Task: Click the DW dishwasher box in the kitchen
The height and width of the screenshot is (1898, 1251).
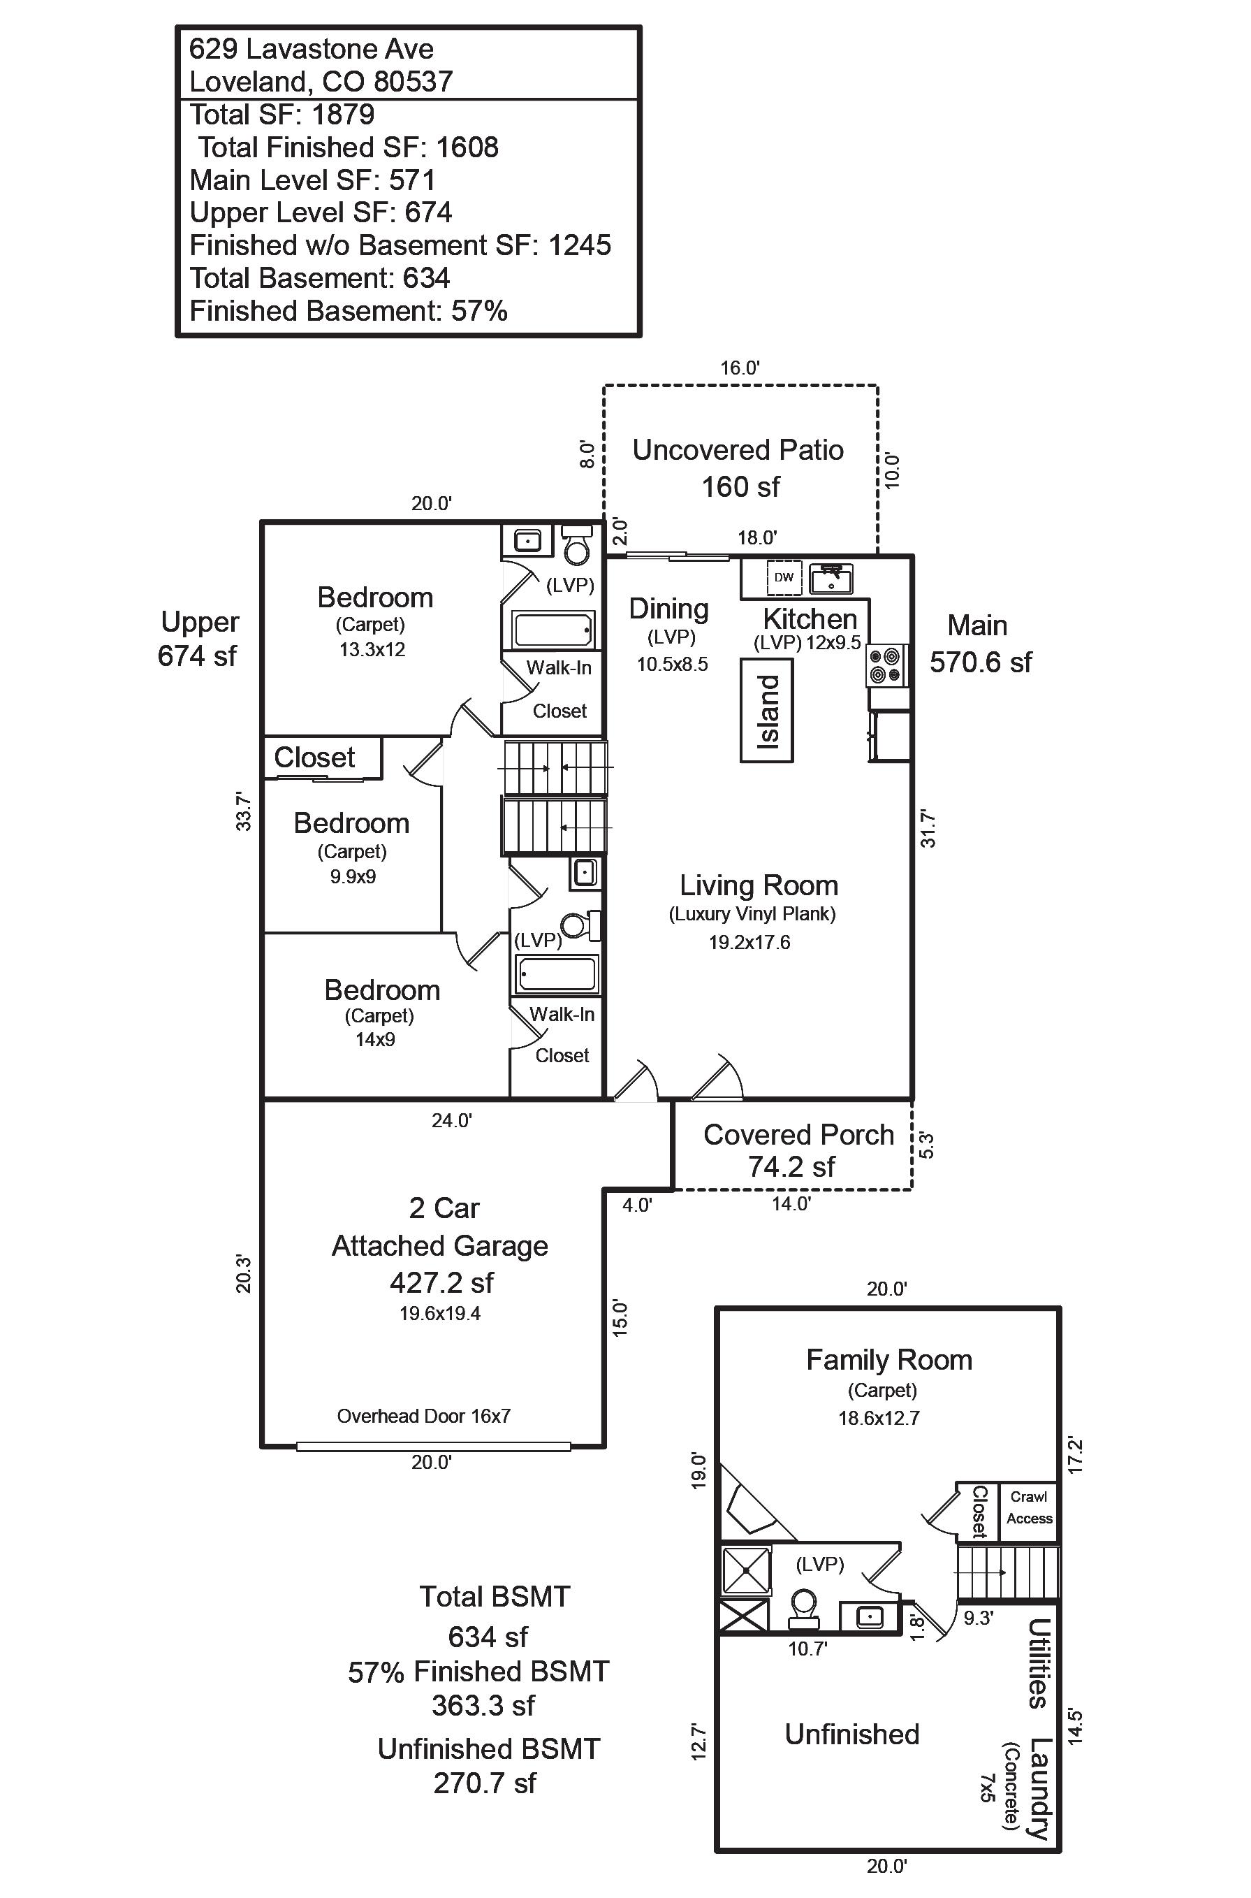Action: tap(784, 577)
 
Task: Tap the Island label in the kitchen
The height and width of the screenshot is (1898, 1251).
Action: tap(768, 711)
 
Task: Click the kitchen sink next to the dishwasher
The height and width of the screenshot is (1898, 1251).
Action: tap(831, 579)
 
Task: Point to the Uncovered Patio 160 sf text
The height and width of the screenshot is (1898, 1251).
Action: tap(739, 468)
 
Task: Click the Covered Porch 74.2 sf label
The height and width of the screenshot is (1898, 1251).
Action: tap(798, 1150)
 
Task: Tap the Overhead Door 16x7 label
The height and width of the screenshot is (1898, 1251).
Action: tap(424, 1417)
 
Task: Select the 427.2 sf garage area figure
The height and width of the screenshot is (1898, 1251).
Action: tap(441, 1282)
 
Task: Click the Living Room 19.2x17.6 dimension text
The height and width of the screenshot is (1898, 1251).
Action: tap(749, 943)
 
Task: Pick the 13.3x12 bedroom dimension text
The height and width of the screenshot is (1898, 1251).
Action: tap(372, 650)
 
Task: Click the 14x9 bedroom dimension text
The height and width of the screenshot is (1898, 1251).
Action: tap(375, 1039)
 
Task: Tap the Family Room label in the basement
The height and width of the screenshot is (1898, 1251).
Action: tap(888, 1360)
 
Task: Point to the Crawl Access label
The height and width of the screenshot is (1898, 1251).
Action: tap(1028, 1507)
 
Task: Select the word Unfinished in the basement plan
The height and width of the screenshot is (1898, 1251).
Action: tap(851, 1734)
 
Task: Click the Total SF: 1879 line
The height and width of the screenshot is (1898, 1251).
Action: tap(281, 115)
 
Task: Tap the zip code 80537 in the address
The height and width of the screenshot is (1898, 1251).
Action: tap(414, 81)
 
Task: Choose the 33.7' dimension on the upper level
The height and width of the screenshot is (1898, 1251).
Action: tap(243, 811)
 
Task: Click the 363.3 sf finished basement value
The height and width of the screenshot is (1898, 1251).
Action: tap(483, 1706)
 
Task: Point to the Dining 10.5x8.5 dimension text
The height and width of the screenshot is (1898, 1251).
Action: tap(672, 664)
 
